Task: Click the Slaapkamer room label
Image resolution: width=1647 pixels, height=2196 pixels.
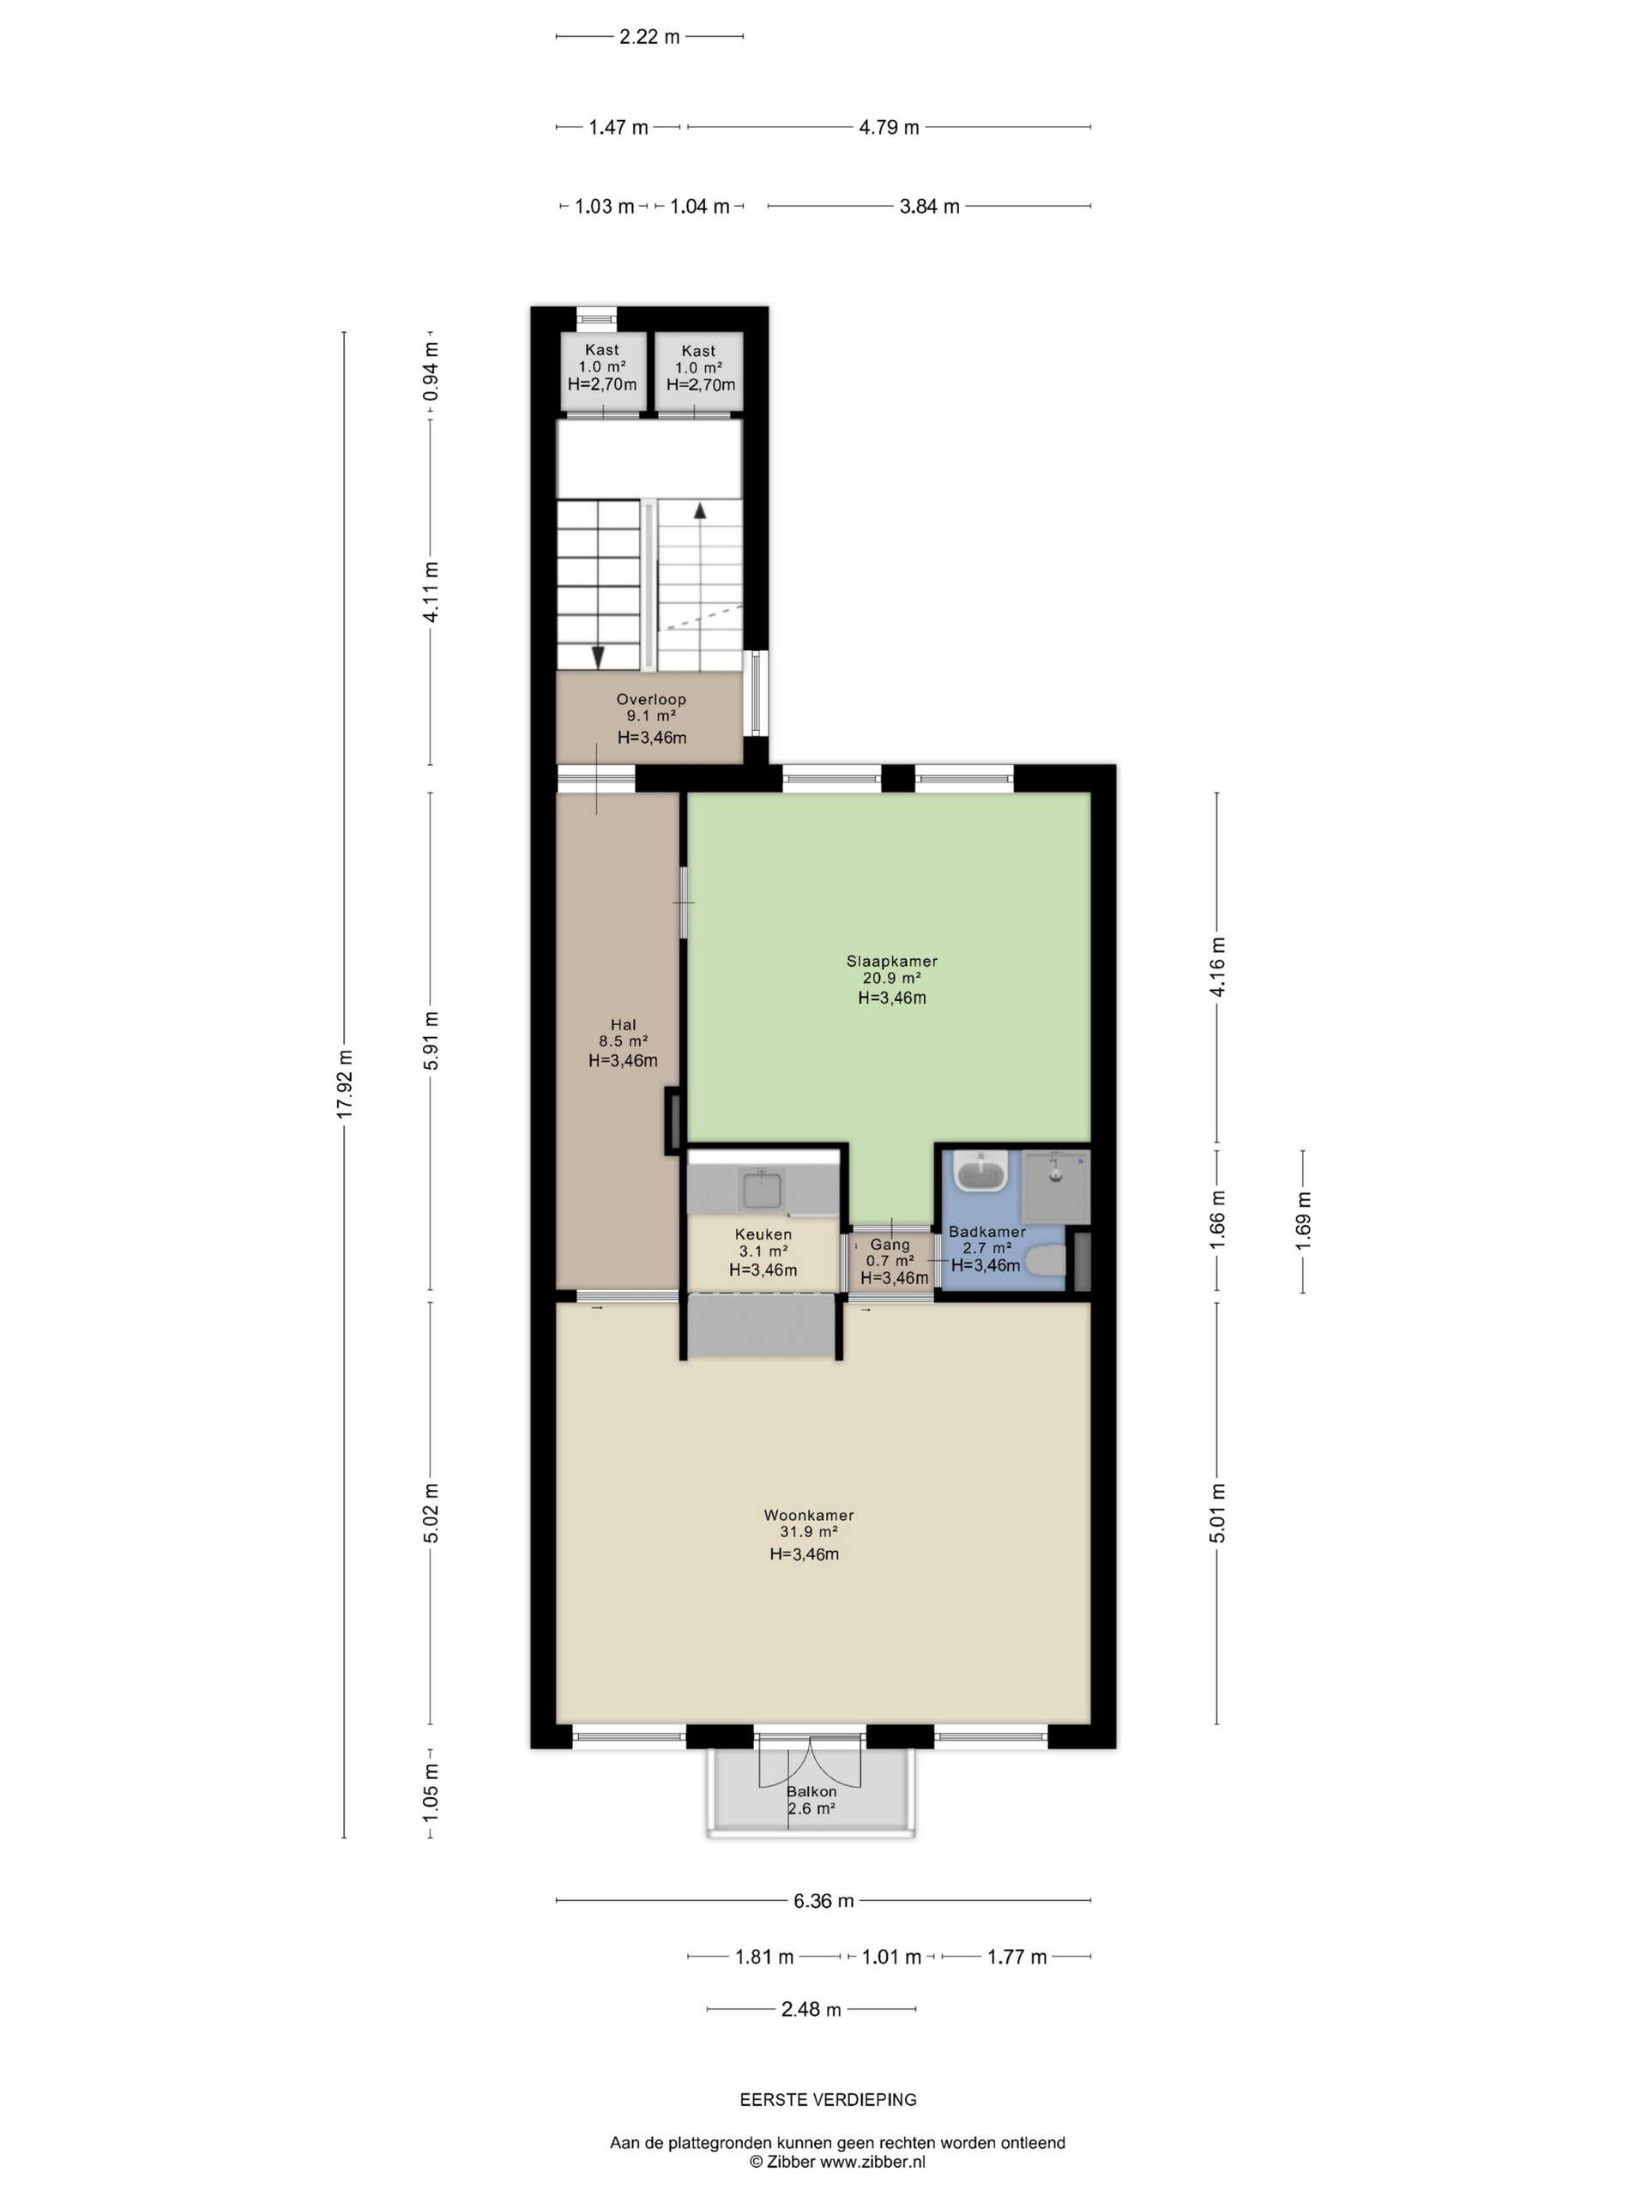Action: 891,961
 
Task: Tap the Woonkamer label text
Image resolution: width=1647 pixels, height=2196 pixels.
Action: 808,1515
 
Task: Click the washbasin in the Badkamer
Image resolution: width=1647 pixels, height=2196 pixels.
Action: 980,1172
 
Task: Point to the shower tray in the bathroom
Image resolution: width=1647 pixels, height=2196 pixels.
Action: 1055,1186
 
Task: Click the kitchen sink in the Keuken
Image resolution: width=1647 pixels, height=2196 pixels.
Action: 763,1187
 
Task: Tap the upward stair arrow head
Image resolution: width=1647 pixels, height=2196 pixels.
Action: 700,510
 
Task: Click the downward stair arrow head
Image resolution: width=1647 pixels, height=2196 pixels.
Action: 598,657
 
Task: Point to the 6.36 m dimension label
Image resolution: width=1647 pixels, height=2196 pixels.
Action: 823,1901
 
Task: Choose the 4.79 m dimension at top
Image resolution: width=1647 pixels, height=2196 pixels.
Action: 889,127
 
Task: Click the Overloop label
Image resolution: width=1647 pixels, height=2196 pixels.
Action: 651,699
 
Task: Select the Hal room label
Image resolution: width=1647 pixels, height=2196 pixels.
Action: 624,1024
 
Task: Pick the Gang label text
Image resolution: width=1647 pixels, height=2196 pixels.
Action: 890,1244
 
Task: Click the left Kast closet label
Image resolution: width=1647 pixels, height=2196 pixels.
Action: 601,349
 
